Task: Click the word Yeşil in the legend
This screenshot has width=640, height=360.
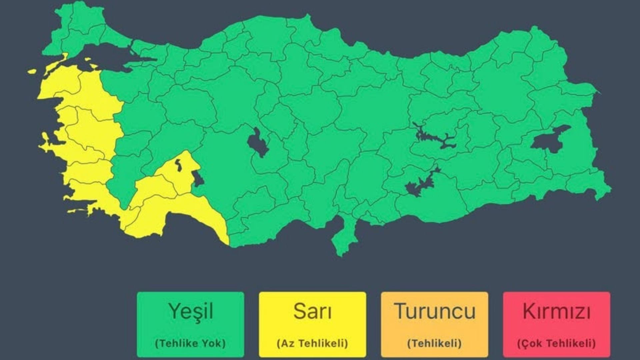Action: tap(191, 311)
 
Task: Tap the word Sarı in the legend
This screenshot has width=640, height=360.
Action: tap(312, 311)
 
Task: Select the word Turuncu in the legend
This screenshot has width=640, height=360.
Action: tap(435, 311)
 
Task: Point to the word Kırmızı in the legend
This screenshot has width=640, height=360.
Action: tap(556, 311)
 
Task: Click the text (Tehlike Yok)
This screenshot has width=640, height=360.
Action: tap(190, 343)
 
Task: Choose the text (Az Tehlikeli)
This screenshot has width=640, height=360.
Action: tap(312, 343)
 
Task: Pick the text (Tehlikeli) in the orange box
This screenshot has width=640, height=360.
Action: tap(434, 343)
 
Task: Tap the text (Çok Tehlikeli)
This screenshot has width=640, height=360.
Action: tap(556, 343)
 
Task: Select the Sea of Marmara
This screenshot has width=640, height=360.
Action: tap(107, 57)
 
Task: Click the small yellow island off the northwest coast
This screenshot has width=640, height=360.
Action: tap(32, 71)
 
